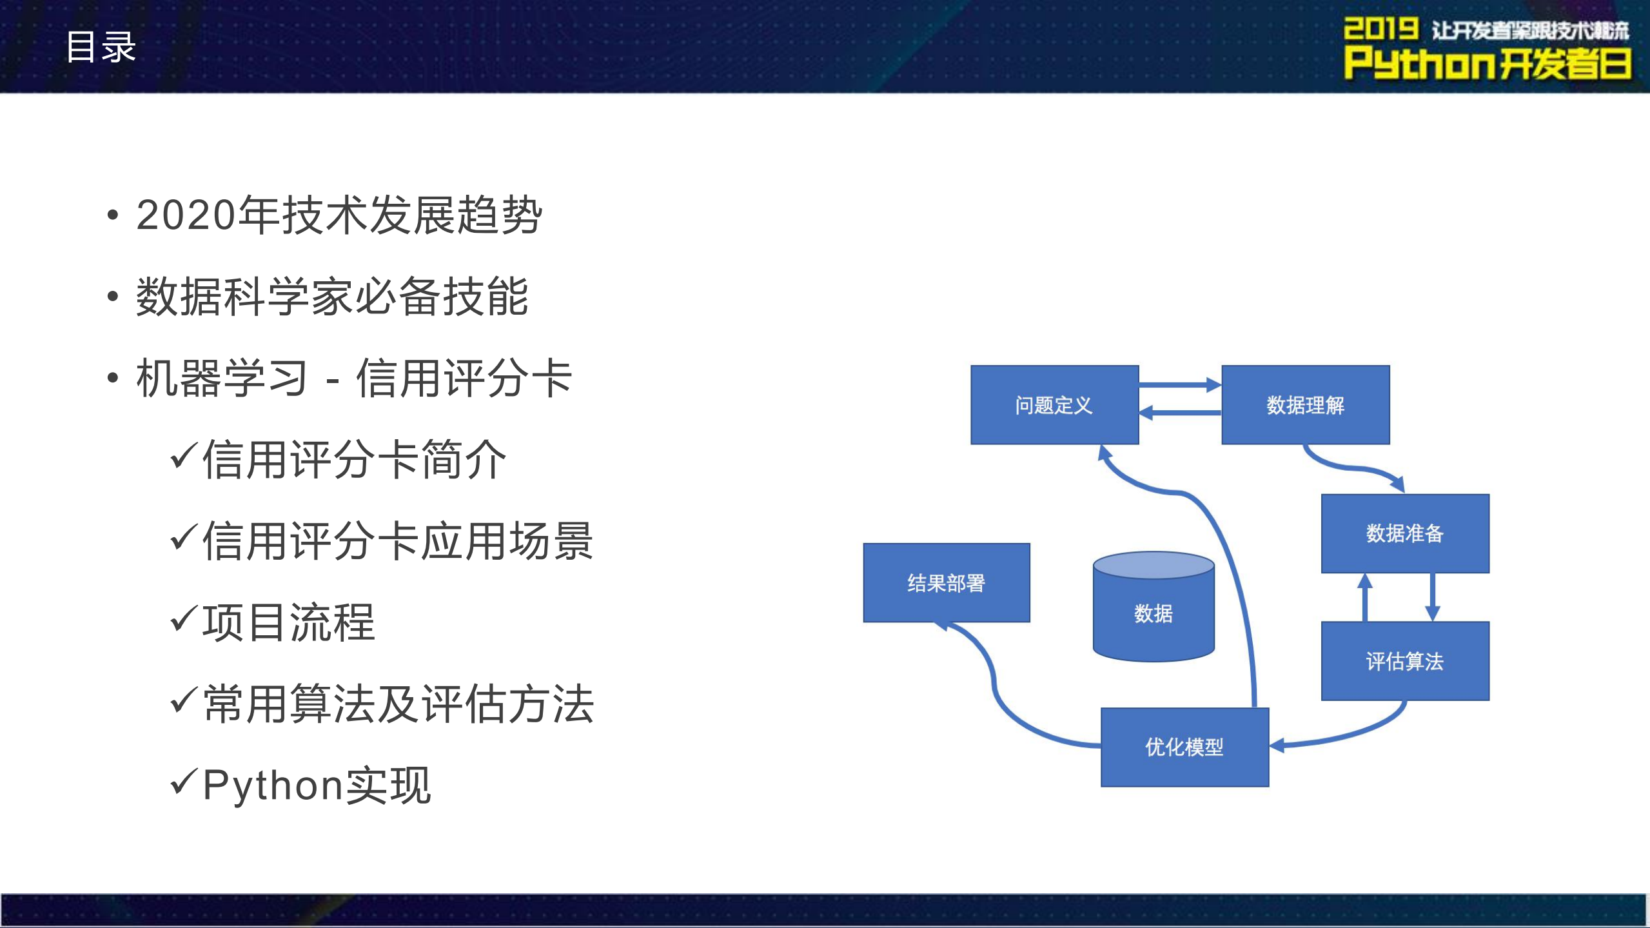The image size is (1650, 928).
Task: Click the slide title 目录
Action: click(x=101, y=46)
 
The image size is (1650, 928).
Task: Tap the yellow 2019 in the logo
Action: click(x=1380, y=29)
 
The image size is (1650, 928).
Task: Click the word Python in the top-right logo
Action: click(x=1419, y=63)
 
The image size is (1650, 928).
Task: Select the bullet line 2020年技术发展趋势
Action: click(x=339, y=215)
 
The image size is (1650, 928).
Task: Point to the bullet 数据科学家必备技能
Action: click(x=332, y=297)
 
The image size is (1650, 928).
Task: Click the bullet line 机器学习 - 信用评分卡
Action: click(x=354, y=378)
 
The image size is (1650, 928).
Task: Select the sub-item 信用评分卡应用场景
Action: click(x=397, y=541)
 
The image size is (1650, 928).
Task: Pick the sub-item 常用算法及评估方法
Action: click(x=398, y=704)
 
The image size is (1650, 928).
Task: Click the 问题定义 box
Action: click(x=1054, y=405)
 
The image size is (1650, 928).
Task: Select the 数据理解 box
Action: click(x=1305, y=405)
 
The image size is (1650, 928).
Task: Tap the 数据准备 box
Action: click(x=1404, y=533)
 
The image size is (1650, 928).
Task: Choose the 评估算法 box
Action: click(x=1404, y=661)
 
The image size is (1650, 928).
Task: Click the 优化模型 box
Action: click(x=1184, y=747)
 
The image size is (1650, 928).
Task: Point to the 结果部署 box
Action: click(x=946, y=583)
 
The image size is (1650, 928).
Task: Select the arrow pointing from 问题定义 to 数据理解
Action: click(x=1179, y=385)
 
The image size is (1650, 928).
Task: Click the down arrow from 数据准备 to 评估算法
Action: click(x=1433, y=597)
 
